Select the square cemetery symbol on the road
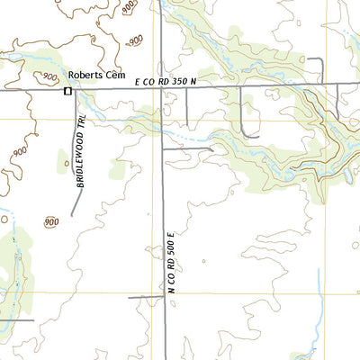click(67, 91)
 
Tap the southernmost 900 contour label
click(50, 221)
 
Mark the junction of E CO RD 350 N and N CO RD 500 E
click(161, 88)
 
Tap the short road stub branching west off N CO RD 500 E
click(144, 296)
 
